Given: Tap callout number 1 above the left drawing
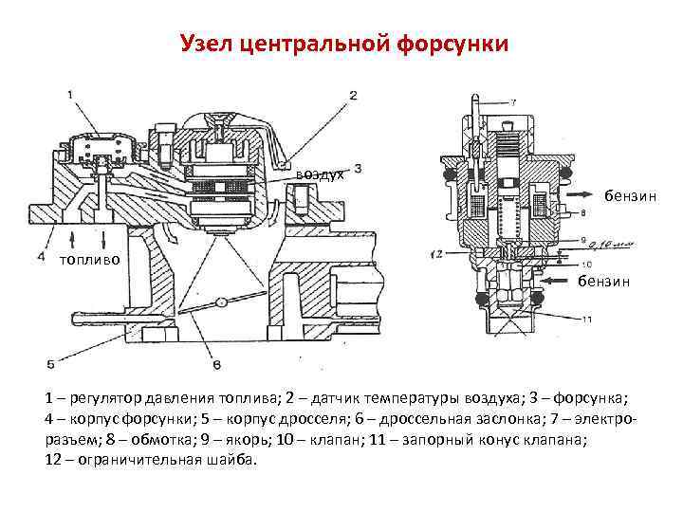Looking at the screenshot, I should tap(72, 93).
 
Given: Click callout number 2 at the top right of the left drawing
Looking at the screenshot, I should tap(353, 95).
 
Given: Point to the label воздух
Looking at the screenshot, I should tap(318, 174).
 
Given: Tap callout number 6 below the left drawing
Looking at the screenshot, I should tap(217, 364).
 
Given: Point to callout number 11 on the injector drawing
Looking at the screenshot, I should tap(587, 318).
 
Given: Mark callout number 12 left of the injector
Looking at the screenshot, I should tap(436, 253).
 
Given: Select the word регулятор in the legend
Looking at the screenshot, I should tap(102, 399).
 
